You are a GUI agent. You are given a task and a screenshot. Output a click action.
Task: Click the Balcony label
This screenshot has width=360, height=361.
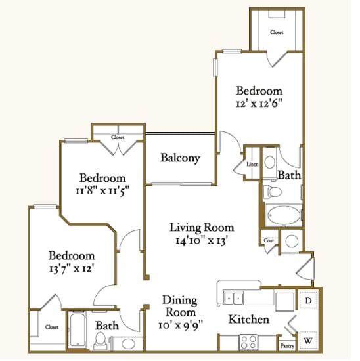pyautogui.click(x=180, y=158)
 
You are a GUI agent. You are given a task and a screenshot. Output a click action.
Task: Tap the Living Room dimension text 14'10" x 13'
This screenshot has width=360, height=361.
pyautogui.click(x=202, y=240)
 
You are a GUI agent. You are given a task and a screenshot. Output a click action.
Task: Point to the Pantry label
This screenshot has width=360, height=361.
pyautogui.click(x=287, y=345)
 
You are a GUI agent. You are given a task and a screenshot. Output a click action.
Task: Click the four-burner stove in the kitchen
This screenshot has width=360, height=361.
pyautogui.click(x=250, y=342)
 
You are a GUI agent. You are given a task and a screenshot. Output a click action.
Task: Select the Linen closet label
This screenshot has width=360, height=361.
pyautogui.click(x=252, y=164)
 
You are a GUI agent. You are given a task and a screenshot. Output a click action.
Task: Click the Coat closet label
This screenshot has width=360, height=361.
pyautogui.click(x=269, y=240)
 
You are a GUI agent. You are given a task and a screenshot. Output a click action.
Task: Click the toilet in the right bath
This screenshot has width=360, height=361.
pyautogui.click(x=273, y=192)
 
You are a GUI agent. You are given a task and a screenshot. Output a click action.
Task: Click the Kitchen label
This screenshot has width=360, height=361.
pyautogui.click(x=248, y=320)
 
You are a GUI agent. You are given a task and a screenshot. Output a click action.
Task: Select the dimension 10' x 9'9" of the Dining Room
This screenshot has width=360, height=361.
pyautogui.click(x=180, y=324)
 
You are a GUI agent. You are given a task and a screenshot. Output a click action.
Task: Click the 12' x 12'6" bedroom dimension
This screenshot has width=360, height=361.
pyautogui.click(x=259, y=103)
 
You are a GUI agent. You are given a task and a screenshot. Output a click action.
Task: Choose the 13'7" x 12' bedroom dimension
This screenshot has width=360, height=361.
pyautogui.click(x=70, y=268)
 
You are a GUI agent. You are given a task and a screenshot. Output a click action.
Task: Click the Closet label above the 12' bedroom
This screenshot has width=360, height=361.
pyautogui.click(x=277, y=32)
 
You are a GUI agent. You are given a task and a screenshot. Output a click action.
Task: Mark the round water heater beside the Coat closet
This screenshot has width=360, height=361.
pyautogui.click(x=293, y=241)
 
